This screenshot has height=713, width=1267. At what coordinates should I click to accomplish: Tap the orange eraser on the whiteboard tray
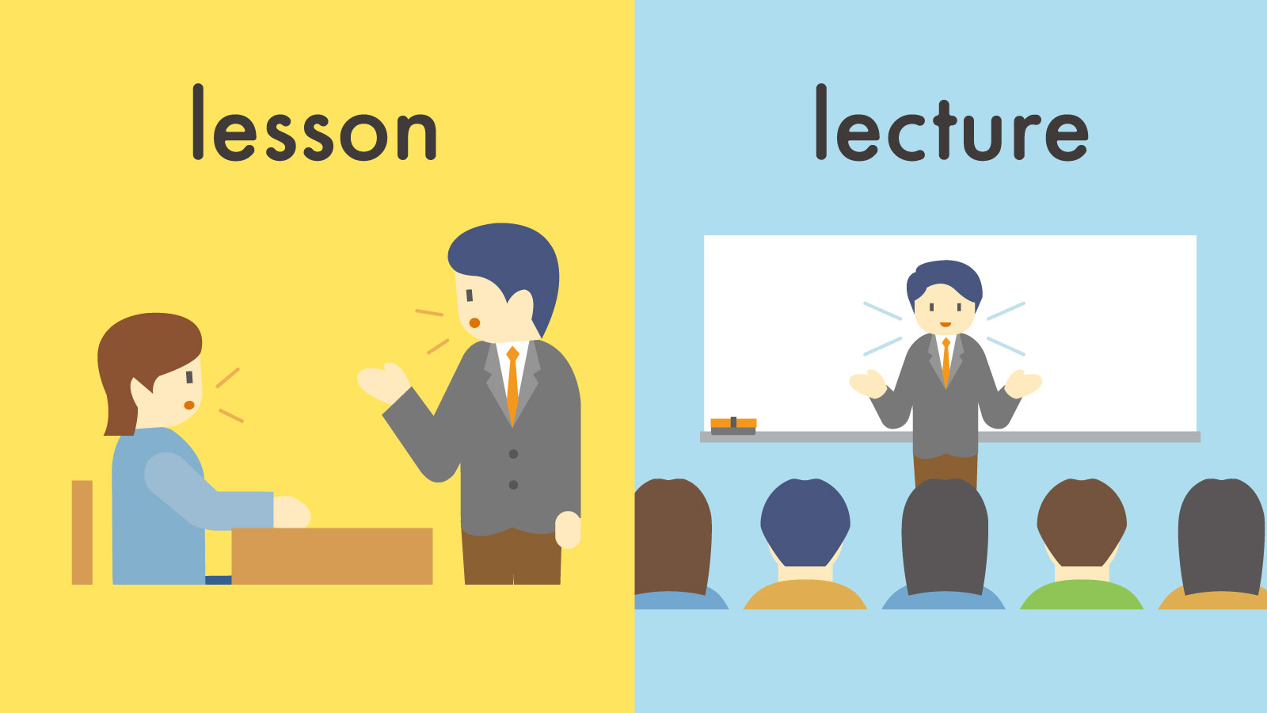[x=733, y=425]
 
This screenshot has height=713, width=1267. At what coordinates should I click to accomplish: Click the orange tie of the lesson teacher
[x=512, y=384]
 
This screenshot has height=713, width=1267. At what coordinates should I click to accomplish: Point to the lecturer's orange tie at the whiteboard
[x=945, y=361]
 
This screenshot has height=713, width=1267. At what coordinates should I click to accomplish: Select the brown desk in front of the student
[x=332, y=555]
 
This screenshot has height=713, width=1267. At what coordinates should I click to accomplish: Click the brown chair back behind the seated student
[x=82, y=532]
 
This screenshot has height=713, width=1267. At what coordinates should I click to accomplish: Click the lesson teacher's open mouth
[x=474, y=322]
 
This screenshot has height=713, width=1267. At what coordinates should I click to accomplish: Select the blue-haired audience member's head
[x=805, y=519]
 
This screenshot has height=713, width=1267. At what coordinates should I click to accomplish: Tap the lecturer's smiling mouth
[x=945, y=324]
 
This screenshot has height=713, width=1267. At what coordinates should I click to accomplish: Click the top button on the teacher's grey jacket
[x=513, y=454]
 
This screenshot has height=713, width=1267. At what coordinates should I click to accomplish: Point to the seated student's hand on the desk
[x=291, y=512]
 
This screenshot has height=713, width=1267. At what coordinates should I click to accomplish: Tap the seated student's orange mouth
[x=189, y=405]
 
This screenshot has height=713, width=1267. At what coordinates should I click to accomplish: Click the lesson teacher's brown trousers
[x=511, y=558]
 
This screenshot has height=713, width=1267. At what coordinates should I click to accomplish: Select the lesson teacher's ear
[x=521, y=306]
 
